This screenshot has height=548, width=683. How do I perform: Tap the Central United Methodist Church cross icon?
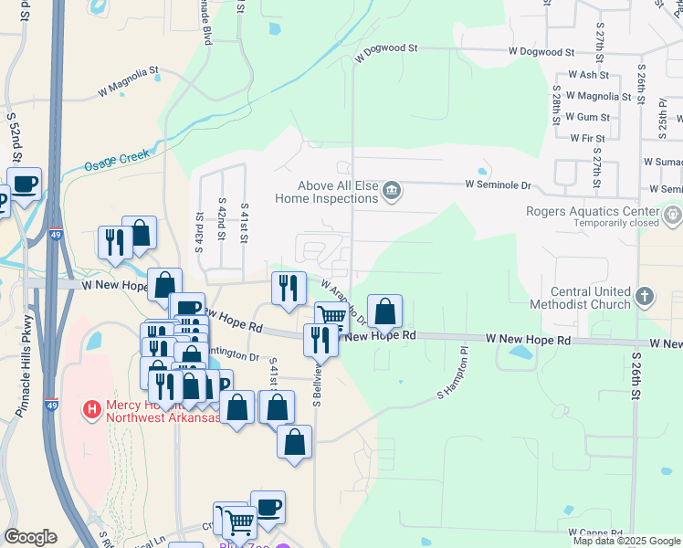[x=645, y=296]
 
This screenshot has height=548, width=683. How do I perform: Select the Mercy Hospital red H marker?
[x=91, y=410]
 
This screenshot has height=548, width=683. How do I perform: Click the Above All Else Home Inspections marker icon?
[x=392, y=191]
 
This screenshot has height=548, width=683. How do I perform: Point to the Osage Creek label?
[x=116, y=161]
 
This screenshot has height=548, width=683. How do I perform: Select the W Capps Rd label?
[x=594, y=532]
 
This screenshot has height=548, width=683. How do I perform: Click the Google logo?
[x=30, y=537]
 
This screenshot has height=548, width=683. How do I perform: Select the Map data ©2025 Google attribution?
[x=627, y=541]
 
